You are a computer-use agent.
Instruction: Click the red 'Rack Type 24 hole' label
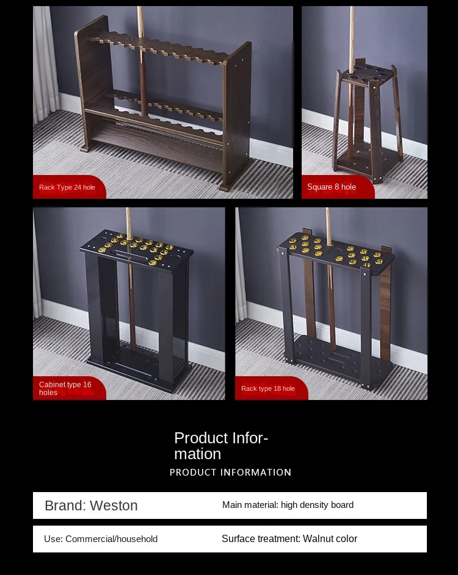point(67,187)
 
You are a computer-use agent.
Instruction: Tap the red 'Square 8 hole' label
point(332,187)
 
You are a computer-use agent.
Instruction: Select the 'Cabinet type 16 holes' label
point(65,388)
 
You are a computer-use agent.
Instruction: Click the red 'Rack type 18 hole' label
point(268,388)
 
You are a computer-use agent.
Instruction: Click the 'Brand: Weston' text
point(91,505)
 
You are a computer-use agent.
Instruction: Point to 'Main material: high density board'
point(288,505)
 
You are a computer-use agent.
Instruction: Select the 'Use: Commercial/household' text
point(101,539)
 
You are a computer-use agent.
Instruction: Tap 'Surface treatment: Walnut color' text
point(289,538)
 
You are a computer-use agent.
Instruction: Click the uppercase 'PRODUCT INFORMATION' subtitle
point(230,473)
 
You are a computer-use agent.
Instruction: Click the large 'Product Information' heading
point(221,446)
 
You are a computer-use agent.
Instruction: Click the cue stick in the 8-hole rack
point(352,37)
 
